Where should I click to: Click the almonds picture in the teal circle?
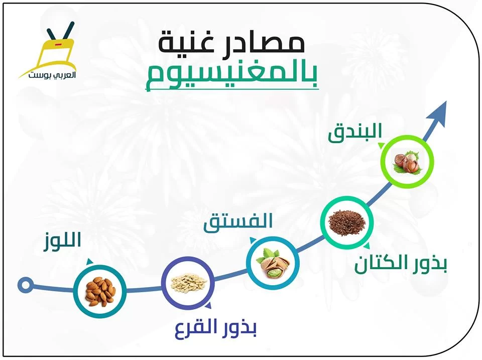pos(100,291)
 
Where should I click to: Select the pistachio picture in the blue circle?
pos(273,263)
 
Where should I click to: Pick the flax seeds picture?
pos(347,222)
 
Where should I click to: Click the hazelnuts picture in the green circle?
pos(407,162)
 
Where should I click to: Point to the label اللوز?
pos(62,240)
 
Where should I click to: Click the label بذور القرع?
pos(215,328)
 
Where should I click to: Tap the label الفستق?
pos(238,221)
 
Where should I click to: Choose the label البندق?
pos(355,133)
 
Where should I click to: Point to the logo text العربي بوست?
pos(53,75)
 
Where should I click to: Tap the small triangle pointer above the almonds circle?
pos(90,261)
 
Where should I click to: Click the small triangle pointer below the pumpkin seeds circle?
pos(208,305)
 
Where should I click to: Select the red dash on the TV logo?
pos(58,45)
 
